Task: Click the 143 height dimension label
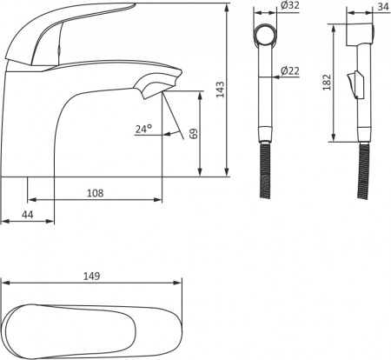coord(220,90)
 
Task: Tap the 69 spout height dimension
coord(194,134)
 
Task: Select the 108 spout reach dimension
coord(96,193)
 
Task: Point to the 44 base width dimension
coord(28,215)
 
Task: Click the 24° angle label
coord(143,129)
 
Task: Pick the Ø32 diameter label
coord(290,5)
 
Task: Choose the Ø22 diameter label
coord(290,70)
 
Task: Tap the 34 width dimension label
coord(383,6)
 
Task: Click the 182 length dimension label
coord(327,83)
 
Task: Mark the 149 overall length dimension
coord(92,277)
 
